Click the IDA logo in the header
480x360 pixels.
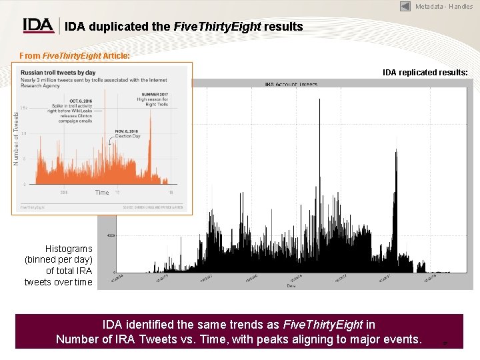pyautogui.click(x=39, y=25)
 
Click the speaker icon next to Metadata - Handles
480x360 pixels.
pyautogui.click(x=405, y=6)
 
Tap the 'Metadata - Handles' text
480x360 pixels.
pyautogui.click(x=444, y=7)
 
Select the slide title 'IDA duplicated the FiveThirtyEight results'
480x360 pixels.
pyautogui.click(x=183, y=27)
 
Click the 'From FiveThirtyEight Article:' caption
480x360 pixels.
pyautogui.click(x=75, y=56)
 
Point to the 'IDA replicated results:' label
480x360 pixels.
pyautogui.click(x=425, y=71)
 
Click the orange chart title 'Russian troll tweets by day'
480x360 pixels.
pyautogui.click(x=58, y=73)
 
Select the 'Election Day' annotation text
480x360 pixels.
pyautogui.click(x=127, y=136)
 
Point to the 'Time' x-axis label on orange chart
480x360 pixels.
pyautogui.click(x=101, y=193)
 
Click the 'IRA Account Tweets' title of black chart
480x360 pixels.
pyautogui.click(x=291, y=85)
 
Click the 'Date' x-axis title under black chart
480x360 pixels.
pyautogui.click(x=291, y=285)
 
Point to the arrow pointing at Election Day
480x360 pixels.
pyautogui.click(x=110, y=141)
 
